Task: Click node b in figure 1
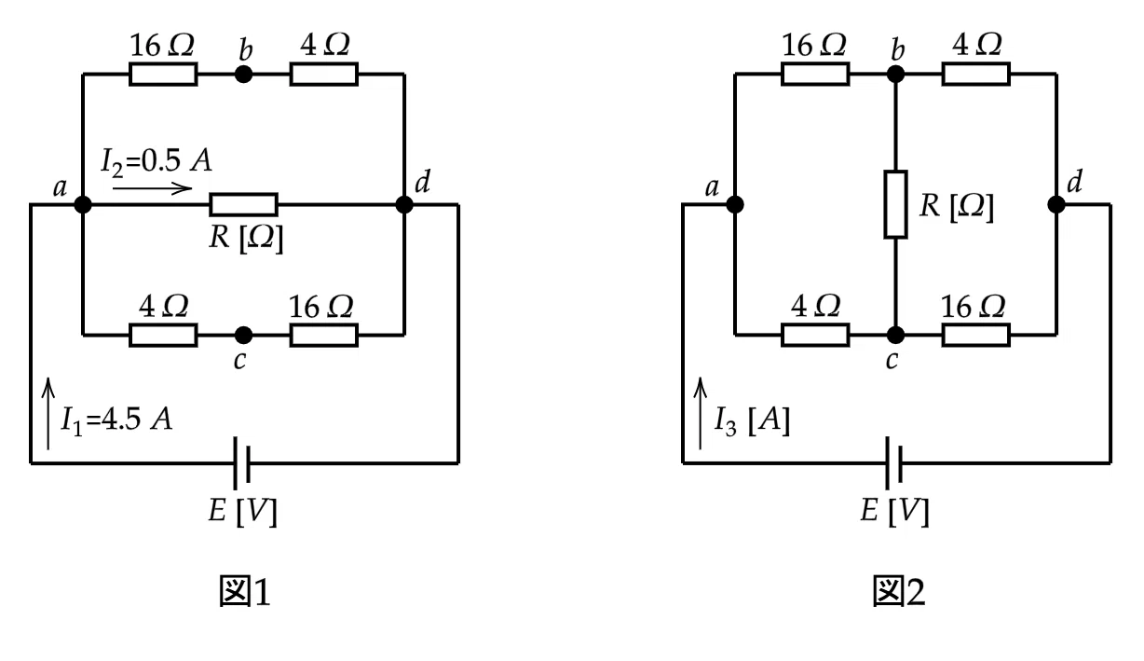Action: point(243,75)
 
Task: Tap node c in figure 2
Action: point(895,336)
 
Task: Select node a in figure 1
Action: point(83,204)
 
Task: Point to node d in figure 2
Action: point(1056,204)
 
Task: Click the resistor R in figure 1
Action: point(243,204)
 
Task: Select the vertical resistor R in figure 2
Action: point(895,204)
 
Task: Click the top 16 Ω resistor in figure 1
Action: point(163,75)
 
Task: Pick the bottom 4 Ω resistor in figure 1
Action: point(163,336)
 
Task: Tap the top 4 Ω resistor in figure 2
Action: point(975,75)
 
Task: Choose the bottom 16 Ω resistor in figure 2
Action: point(975,336)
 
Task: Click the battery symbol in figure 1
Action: point(241,463)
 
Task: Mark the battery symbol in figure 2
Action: point(893,463)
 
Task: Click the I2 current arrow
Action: point(152,188)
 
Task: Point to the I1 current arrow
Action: point(48,414)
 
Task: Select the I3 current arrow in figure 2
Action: point(701,414)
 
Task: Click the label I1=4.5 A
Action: point(117,420)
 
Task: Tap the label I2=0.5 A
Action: point(157,161)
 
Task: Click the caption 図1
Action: point(245,591)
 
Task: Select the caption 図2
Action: point(898,591)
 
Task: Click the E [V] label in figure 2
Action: point(894,511)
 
